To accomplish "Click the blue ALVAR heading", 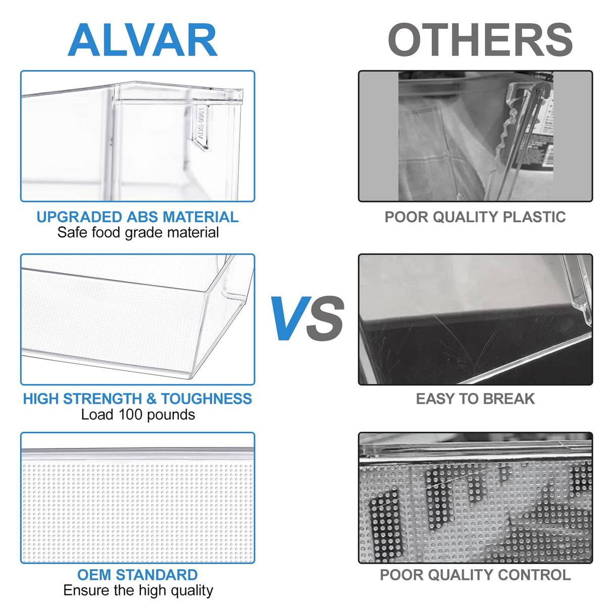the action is [x=142, y=40].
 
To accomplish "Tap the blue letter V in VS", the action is [x=291, y=318].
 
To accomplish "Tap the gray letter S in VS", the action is [x=325, y=318].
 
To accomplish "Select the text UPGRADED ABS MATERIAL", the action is [x=137, y=217].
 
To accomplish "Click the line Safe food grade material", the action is [x=138, y=233].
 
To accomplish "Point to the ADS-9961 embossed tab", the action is [x=201, y=126].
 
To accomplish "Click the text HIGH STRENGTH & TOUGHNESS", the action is [x=137, y=399].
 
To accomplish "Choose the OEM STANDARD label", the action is [x=137, y=575].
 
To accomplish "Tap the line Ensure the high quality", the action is [x=138, y=590].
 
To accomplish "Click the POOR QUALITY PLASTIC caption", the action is [x=475, y=217].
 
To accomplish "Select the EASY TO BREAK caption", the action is [x=475, y=399].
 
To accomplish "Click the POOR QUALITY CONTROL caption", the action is [x=475, y=575].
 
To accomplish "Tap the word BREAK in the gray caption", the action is [x=509, y=399].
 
